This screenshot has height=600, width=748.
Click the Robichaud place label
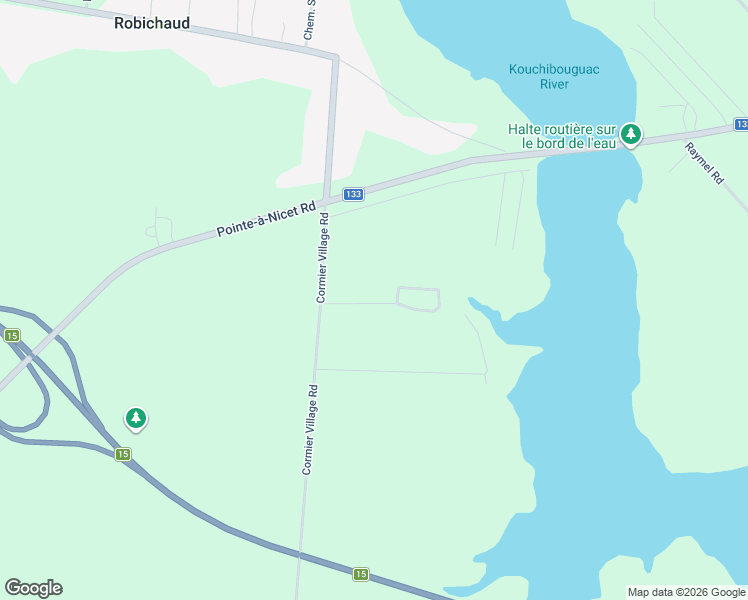(151, 22)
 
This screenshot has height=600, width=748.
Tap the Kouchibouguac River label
(539, 77)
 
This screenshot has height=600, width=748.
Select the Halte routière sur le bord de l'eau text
(561, 135)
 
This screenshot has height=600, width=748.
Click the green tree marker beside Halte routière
(631, 133)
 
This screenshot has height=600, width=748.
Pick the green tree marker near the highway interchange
(136, 418)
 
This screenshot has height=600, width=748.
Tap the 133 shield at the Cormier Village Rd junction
(352, 194)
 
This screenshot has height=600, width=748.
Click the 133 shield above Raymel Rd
(740, 124)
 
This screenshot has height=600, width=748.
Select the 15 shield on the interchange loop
(12, 336)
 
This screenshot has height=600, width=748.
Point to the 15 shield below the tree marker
(122, 454)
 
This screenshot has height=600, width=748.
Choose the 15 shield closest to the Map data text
(360, 574)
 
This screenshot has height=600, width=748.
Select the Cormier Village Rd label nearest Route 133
(322, 257)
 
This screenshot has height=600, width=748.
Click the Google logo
(33, 588)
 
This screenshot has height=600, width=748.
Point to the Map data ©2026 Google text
(686, 592)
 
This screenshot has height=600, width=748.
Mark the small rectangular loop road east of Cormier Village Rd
(418, 298)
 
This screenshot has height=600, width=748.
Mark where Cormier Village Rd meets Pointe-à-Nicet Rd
(326, 200)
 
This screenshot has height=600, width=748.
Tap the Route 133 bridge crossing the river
(585, 146)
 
